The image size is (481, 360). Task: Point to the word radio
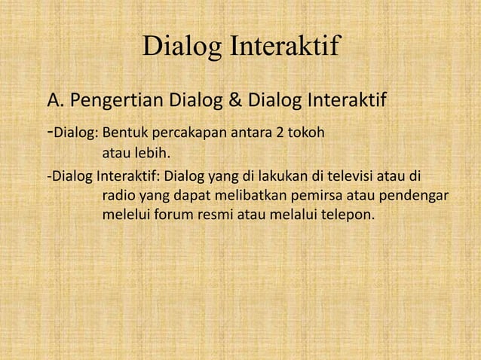click(x=118, y=197)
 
